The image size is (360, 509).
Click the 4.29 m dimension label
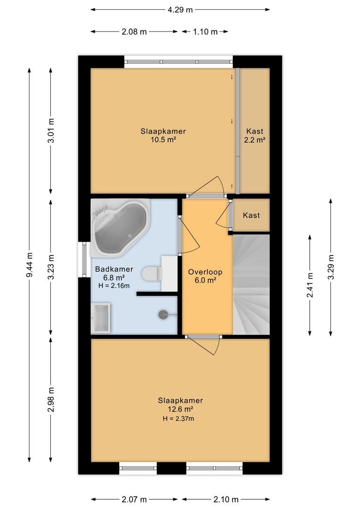[x=180, y=10]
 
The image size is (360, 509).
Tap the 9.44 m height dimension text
[x=29, y=265]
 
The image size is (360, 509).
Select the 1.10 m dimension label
[x=205, y=32]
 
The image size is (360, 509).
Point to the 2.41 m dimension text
[x=310, y=285]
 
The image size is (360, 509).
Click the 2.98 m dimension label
[x=50, y=399]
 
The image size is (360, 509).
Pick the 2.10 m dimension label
[x=226, y=499]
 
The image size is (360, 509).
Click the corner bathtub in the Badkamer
[x=120, y=227]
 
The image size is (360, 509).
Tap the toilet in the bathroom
[x=152, y=274]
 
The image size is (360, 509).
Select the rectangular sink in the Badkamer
[x=101, y=318]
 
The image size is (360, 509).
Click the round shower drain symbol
[x=163, y=314]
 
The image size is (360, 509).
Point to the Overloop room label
[x=205, y=272]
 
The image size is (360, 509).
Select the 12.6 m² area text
[x=180, y=409]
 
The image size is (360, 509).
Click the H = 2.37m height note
[x=179, y=419]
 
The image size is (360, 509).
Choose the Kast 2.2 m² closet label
[x=255, y=135]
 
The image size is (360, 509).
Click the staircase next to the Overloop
[x=251, y=284]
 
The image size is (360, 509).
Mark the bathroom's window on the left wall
[x=84, y=259]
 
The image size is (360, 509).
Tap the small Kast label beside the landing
[x=251, y=215]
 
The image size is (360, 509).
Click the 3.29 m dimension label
[x=331, y=267]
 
